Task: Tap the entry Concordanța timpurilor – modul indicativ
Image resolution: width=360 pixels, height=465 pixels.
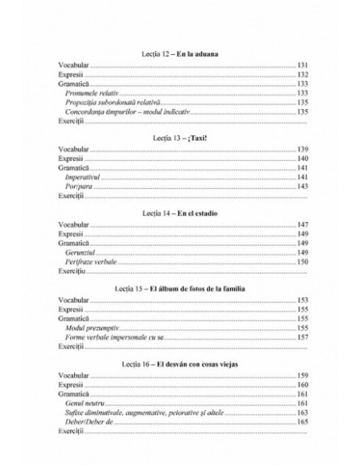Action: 128,112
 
